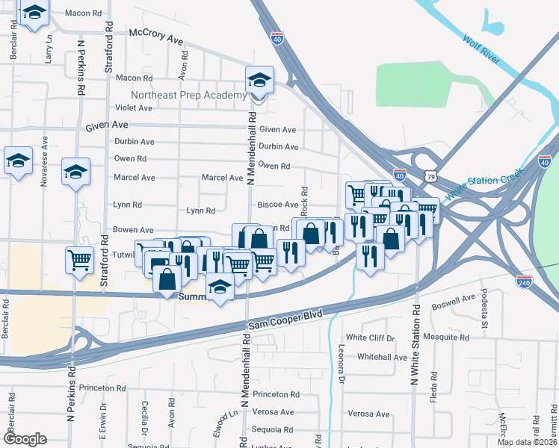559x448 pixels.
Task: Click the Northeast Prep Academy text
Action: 188,96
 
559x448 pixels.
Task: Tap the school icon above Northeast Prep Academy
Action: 259,80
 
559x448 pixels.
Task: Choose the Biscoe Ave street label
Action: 278,205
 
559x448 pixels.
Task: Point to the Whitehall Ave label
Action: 382,358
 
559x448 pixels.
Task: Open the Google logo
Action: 25,440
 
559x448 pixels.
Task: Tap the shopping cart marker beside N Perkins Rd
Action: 79,260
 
